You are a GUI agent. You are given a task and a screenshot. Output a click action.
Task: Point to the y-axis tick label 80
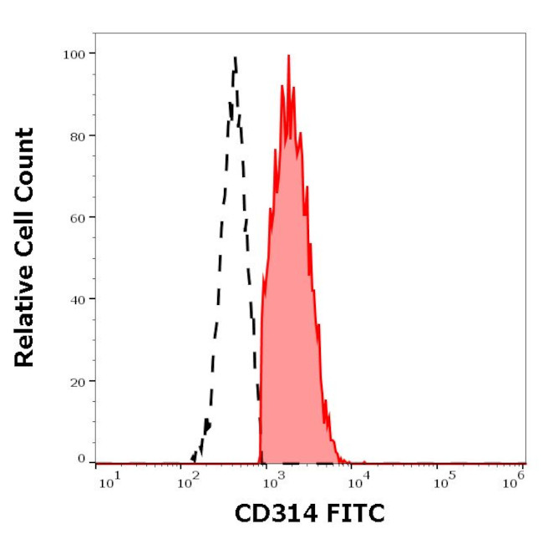[75, 135]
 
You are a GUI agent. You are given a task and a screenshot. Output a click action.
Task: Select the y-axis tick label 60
[75, 217]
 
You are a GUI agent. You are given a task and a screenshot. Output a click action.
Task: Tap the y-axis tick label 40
[75, 298]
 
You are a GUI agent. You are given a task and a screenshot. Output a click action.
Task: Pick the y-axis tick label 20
[75, 380]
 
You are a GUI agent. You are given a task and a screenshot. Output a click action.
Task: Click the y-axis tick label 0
[81, 459]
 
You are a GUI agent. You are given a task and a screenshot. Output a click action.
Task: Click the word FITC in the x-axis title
[353, 512]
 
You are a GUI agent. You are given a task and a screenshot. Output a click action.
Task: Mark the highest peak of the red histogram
[288, 56]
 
